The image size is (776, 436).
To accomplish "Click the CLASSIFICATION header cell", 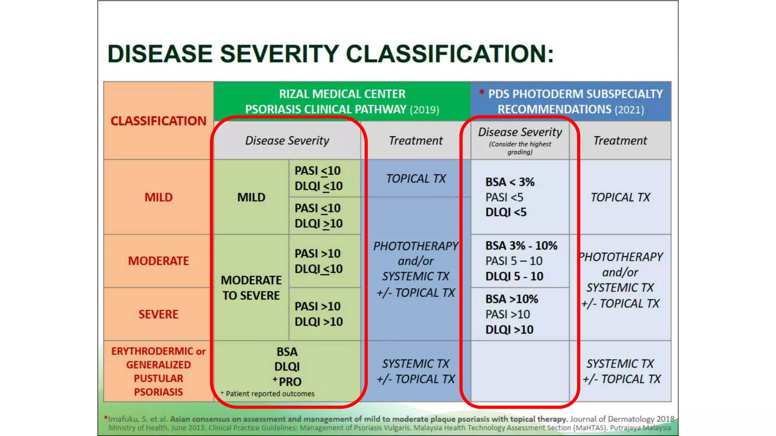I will tap(158, 121).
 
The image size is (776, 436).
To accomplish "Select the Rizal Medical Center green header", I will tap(342, 101).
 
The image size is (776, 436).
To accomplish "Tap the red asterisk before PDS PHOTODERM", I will tap(482, 92).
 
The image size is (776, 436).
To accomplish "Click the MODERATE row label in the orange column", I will tap(158, 261).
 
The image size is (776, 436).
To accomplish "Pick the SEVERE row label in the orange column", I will tap(158, 314).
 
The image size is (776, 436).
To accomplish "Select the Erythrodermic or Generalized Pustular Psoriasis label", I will tap(158, 371).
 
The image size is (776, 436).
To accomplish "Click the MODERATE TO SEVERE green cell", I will tap(251, 288).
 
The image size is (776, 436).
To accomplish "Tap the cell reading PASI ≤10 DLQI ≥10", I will tap(318, 216).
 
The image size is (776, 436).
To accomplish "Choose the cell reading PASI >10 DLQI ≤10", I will tap(318, 261).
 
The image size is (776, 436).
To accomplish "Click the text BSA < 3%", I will tap(510, 182).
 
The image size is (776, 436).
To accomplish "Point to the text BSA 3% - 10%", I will tap(521, 246).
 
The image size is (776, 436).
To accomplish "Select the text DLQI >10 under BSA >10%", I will tap(509, 330).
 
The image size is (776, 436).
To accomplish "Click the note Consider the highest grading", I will tap(520, 148).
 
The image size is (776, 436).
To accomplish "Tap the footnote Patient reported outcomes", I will tap(270, 394).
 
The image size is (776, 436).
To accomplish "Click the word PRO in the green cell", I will tap(290, 382).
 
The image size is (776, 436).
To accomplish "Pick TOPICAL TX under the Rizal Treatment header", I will tap(416, 179).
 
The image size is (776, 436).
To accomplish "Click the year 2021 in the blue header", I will tap(629, 110).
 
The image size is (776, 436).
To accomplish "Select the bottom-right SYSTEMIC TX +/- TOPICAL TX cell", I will tap(620, 371).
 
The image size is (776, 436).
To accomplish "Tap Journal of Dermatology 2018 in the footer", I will tap(622, 419).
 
